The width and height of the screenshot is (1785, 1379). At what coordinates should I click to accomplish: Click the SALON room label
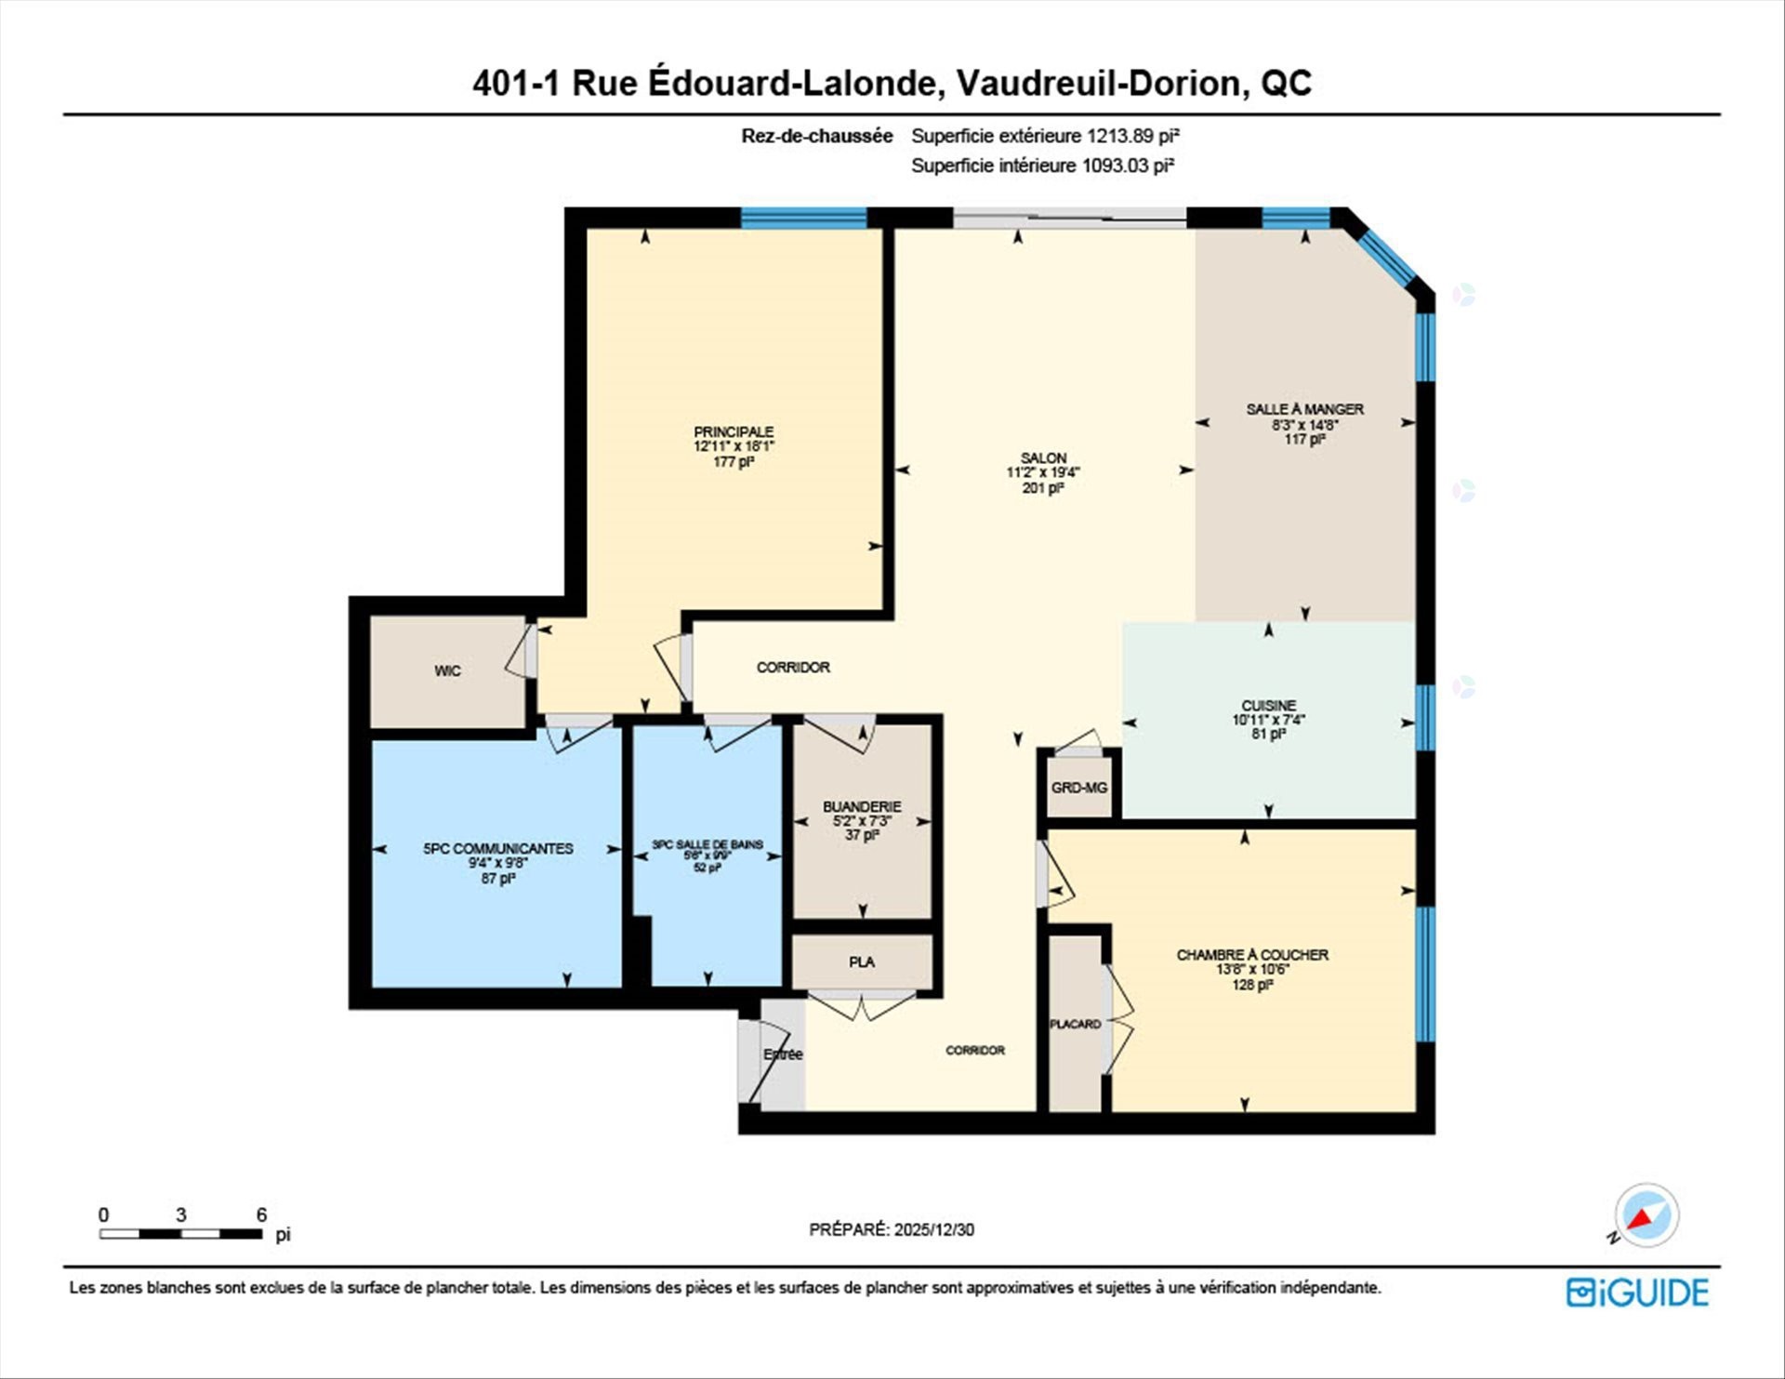1043,457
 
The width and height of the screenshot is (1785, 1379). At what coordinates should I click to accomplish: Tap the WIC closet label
447,670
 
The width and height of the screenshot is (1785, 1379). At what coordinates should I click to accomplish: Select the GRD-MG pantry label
1078,788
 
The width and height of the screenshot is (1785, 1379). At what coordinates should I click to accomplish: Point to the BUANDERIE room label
862,806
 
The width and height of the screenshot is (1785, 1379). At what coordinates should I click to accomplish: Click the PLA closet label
862,961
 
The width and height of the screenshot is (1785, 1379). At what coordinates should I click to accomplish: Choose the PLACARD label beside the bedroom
1075,1024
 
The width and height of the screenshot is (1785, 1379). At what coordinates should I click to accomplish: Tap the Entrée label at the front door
783,1054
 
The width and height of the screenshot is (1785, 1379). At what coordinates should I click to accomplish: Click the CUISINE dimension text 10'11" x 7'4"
1269,720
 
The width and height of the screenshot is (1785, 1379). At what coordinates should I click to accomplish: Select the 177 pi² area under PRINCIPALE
734,461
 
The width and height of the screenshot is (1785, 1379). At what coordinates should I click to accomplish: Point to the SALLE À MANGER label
1305,409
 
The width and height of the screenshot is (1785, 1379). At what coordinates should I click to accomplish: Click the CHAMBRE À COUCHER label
1252,955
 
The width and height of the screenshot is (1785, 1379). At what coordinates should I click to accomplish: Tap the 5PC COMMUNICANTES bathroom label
498,848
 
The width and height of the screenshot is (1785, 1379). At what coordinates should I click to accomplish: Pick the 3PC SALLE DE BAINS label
707,844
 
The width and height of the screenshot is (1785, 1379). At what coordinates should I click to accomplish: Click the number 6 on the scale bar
261,1214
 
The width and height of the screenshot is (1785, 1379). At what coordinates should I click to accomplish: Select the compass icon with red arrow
1646,1215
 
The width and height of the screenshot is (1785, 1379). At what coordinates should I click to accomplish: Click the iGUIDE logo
1637,1293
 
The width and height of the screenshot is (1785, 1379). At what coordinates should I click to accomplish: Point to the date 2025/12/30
934,1229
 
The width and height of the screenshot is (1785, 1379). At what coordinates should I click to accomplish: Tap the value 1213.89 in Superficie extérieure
1119,136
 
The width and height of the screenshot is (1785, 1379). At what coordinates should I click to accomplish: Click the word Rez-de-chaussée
817,136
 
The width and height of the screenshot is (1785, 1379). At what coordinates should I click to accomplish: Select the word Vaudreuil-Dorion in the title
1100,83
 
